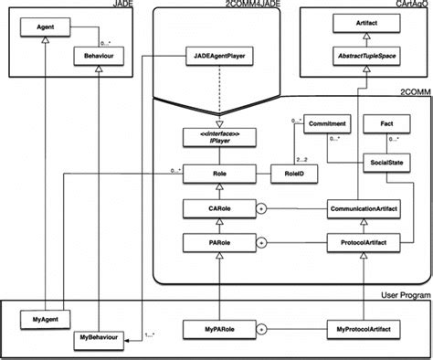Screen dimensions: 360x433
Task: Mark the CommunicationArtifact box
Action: [x=365, y=208]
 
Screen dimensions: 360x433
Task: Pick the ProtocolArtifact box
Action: [x=365, y=243]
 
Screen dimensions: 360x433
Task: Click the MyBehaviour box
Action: [x=95, y=339]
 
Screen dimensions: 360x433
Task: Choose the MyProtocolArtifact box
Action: [x=365, y=326]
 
